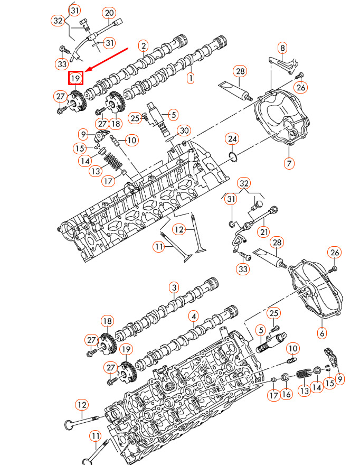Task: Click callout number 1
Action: click(x=191, y=78)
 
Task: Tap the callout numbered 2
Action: click(x=144, y=45)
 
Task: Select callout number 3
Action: click(x=174, y=287)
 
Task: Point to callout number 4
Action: click(x=194, y=317)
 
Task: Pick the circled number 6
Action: click(x=322, y=333)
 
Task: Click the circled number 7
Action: click(x=289, y=163)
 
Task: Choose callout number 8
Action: click(x=282, y=48)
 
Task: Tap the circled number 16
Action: click(x=286, y=394)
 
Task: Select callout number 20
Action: click(x=109, y=13)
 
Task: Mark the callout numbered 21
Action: click(x=264, y=232)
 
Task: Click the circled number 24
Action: click(x=232, y=139)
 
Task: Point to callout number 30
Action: click(x=184, y=131)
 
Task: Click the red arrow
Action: click(x=107, y=60)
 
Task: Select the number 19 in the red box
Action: click(x=75, y=78)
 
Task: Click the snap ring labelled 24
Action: click(x=233, y=157)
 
